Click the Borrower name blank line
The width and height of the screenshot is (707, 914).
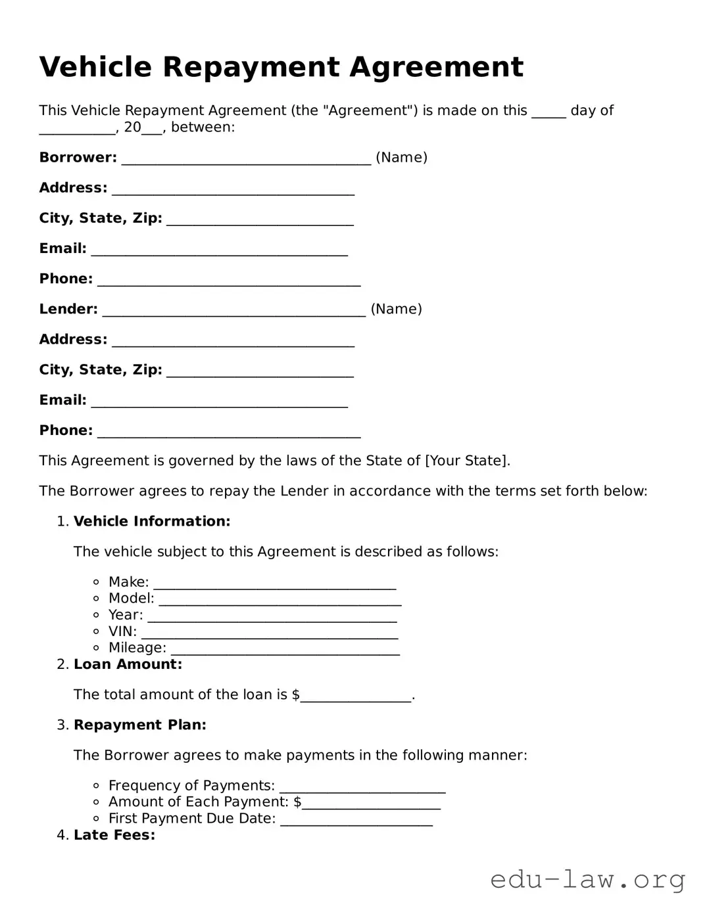click(246, 158)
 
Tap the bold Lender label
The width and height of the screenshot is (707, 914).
click(68, 309)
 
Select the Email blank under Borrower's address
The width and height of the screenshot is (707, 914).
click(219, 249)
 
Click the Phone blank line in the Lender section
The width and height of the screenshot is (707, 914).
click(229, 431)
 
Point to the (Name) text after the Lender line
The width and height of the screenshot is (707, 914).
click(396, 309)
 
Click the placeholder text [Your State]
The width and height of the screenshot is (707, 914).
click(466, 461)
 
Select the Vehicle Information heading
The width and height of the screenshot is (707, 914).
click(152, 521)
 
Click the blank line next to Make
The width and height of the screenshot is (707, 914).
click(274, 583)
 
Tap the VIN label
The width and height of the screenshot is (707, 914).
click(122, 631)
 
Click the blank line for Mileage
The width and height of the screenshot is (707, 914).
click(285, 649)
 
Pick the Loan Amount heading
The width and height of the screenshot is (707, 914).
click(128, 664)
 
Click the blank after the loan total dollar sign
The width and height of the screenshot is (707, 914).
click(356, 695)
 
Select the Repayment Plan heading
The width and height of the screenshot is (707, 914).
click(140, 725)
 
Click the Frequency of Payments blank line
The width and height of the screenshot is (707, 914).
click(362, 786)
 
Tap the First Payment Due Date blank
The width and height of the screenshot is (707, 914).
click(356, 819)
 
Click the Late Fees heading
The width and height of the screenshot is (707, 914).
click(114, 835)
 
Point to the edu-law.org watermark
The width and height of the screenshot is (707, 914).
click(587, 879)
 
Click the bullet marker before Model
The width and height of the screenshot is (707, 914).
click(96, 598)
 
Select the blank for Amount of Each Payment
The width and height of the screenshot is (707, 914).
click(371, 802)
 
